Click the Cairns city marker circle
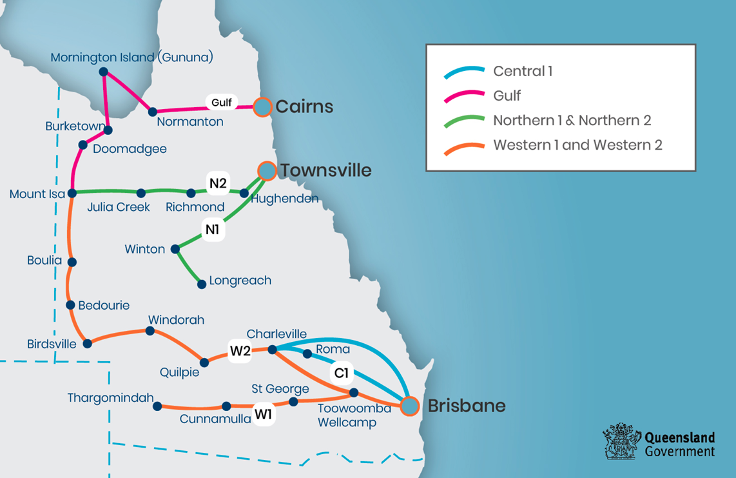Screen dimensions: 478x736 262,107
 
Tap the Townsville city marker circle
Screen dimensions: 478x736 267,170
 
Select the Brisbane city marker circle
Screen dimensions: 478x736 409,406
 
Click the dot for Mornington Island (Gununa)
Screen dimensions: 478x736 104,72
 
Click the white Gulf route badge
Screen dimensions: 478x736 221,103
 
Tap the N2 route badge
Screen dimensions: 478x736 218,184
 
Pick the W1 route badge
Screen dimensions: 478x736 263,414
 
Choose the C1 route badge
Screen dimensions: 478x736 341,373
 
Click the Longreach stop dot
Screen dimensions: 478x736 202,284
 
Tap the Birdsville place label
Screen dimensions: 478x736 52,344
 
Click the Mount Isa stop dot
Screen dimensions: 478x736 72,193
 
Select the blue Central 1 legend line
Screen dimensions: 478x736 464,72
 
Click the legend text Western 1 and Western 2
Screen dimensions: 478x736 577,145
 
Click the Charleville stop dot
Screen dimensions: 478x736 272,349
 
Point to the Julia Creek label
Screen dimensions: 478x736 119,207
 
